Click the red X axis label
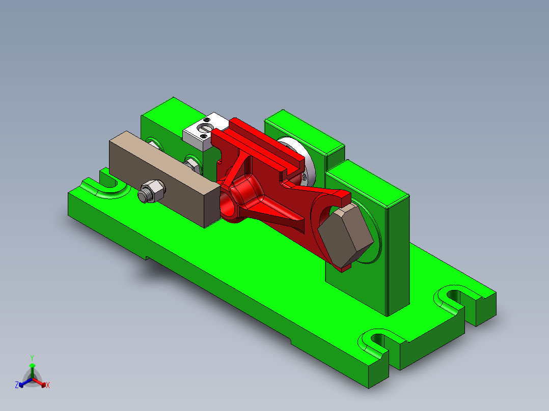[48, 386]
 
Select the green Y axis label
[32, 358]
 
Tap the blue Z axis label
[17, 386]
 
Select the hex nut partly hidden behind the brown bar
[192, 164]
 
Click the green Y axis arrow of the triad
[32, 369]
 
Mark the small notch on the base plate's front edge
[147, 258]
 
